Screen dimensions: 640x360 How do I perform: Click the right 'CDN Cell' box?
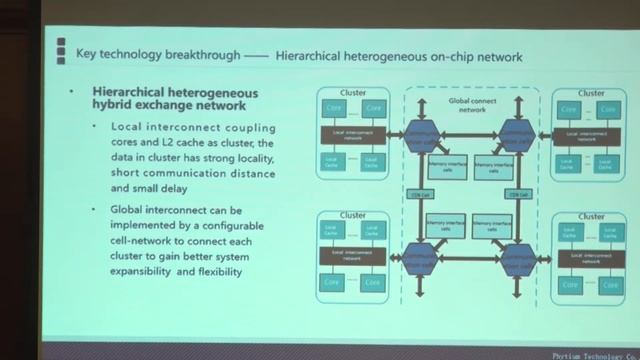coord(517,194)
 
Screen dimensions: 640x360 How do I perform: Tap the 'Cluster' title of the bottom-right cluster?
coord(590,217)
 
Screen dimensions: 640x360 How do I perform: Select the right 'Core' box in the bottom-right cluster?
coord(609,281)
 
